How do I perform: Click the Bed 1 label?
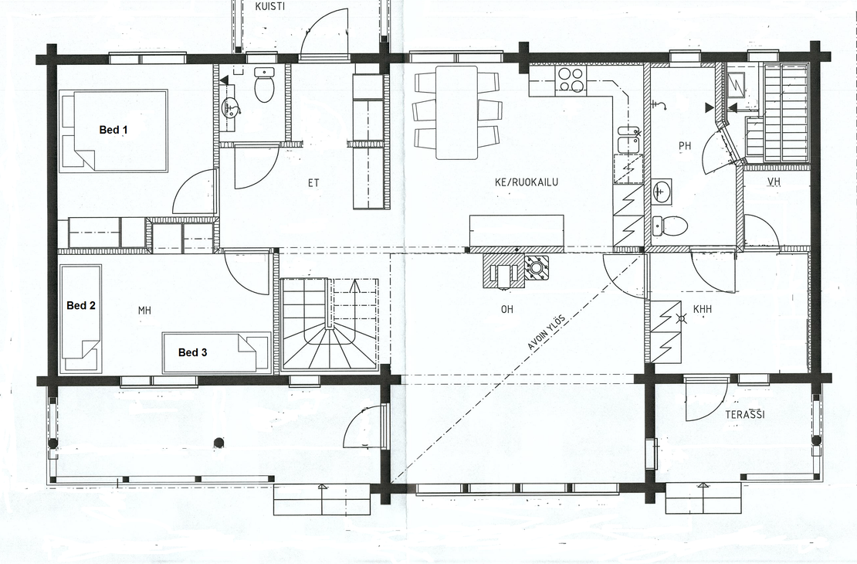113,130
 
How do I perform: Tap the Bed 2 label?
81,305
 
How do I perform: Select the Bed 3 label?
192,352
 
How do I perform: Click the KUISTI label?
269,6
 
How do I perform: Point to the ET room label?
313,183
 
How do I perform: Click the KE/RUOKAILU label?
527,182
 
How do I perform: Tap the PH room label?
685,145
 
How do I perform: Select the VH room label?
774,181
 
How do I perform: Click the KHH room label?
703,310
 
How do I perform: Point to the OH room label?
507,310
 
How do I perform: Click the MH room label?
144,311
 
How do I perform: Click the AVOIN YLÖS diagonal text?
546,332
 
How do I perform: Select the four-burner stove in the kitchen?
571,80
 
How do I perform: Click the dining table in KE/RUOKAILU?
457,112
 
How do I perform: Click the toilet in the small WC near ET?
265,85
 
